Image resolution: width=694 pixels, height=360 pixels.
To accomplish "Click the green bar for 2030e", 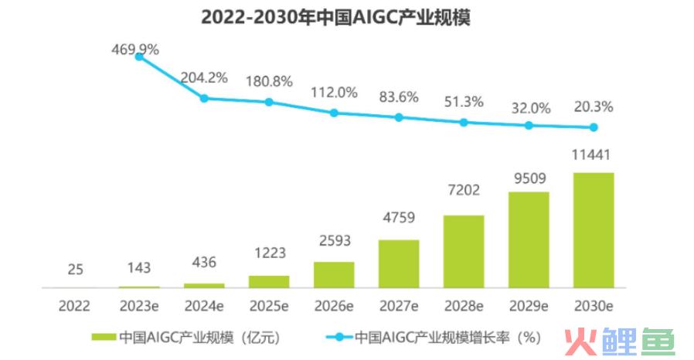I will (594, 229).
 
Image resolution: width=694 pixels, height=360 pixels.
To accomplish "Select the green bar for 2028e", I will (464, 251).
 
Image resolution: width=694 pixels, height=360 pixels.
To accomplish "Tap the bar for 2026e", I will (334, 274).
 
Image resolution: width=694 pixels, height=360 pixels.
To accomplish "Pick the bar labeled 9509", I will (529, 239).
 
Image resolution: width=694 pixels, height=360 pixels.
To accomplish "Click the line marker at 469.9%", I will (139, 56).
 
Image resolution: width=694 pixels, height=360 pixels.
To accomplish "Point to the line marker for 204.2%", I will (204, 98).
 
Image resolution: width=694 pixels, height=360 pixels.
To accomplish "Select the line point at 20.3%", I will (594, 127).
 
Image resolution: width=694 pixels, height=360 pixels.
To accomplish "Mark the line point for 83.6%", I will (399, 117).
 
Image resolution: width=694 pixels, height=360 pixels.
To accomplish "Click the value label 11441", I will (594, 157).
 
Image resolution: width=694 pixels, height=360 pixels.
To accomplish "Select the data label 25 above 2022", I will (74, 270).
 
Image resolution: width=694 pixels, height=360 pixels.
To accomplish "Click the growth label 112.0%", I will (334, 92).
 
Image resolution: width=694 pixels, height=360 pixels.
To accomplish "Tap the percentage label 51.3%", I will (464, 101).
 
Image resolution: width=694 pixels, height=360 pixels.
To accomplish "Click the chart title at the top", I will (347, 17).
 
